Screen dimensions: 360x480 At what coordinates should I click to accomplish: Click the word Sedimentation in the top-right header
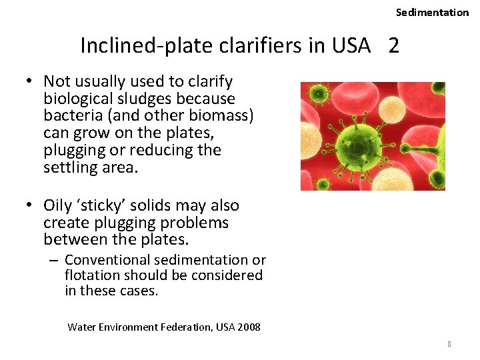(432, 12)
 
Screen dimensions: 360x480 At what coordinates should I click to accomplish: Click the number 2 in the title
(394, 45)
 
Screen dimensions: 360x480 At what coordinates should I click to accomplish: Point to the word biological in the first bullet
(76, 99)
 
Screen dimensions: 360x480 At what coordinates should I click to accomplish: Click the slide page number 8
(449, 344)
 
